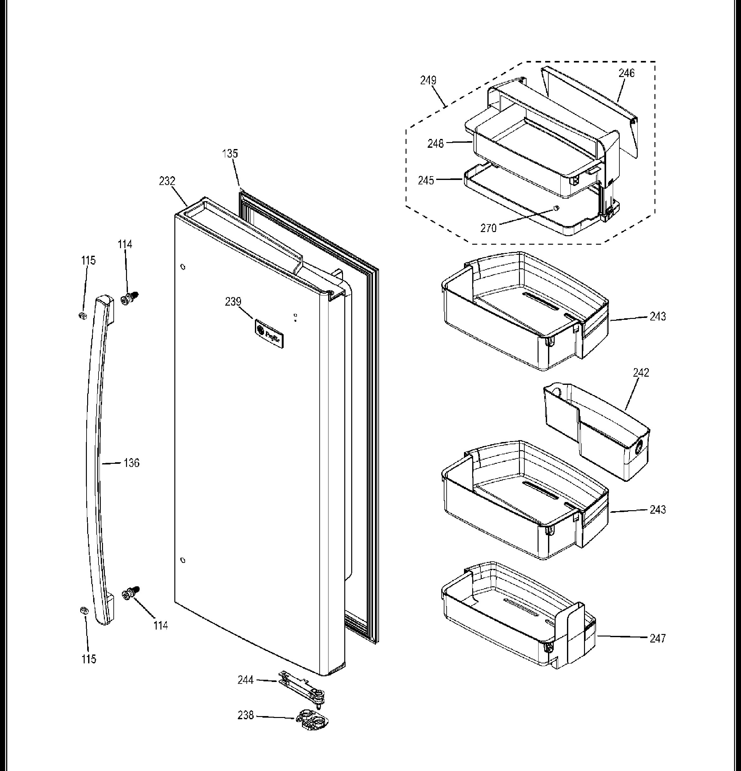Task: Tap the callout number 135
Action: pos(230,153)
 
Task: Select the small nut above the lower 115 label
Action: pos(83,611)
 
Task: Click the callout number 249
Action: pos(428,80)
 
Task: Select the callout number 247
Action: pos(658,638)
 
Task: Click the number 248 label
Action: pos(436,144)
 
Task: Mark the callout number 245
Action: pos(426,181)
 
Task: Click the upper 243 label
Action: pos(658,316)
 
